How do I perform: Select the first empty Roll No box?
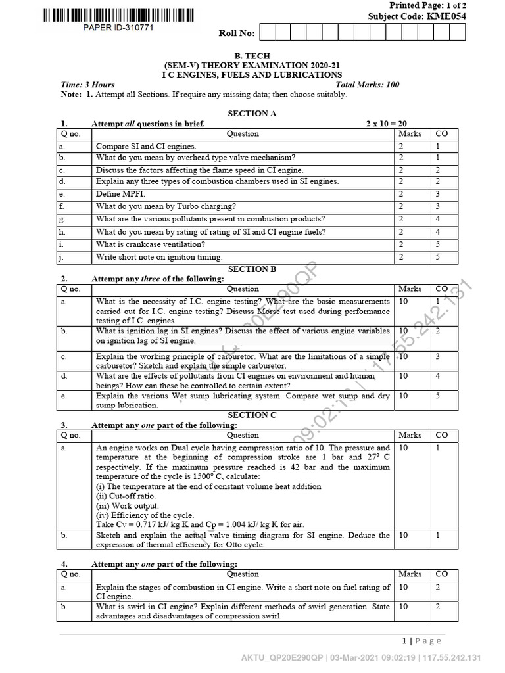268,32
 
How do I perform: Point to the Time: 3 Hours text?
87,85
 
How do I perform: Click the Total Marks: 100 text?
367,85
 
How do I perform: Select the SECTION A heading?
252,114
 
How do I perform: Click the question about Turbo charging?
166,206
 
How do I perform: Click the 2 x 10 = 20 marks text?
387,124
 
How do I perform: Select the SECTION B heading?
252,269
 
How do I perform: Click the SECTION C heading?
252,415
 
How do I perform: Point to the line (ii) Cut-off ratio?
126,496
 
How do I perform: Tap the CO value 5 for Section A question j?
437,256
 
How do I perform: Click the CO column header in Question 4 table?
441,574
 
